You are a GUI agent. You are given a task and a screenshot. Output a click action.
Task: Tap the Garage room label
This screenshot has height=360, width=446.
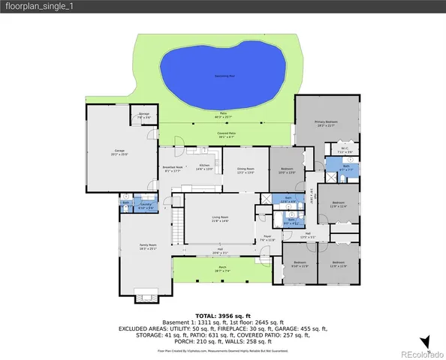[119, 152]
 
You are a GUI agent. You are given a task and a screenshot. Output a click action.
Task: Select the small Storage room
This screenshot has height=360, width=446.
[143, 116]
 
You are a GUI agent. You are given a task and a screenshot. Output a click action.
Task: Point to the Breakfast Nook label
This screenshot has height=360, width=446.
[173, 169]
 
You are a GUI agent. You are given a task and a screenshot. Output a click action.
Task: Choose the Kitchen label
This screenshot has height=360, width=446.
[203, 167]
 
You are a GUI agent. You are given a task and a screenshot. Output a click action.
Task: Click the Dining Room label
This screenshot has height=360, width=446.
[246, 170]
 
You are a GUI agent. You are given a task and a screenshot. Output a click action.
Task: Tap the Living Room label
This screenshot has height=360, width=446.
[219, 218]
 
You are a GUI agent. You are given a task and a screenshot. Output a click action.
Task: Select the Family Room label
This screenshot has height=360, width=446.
[147, 247]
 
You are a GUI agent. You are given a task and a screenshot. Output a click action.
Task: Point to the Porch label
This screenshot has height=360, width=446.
[222, 268]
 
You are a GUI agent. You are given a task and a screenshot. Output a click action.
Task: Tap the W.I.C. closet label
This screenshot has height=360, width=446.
[344, 149]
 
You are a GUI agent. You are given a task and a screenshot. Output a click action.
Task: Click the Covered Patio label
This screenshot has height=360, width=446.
[225, 135]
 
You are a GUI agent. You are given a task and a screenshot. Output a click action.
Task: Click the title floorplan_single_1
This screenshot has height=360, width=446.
[35, 7]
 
